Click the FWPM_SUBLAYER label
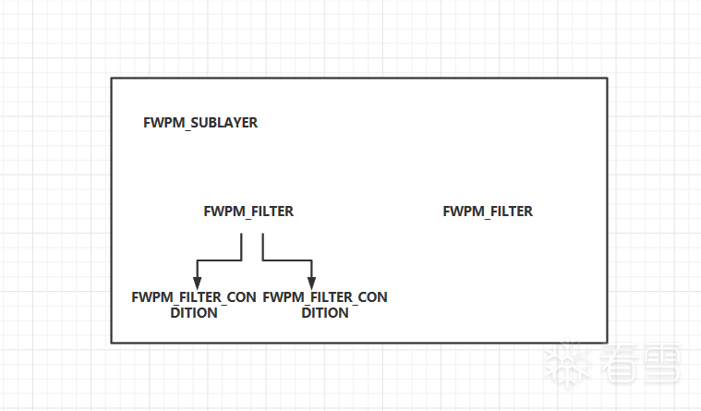tap(200, 123)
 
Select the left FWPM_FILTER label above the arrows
tap(248, 212)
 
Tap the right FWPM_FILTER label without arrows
tap(488, 212)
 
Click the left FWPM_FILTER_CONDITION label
tap(194, 305)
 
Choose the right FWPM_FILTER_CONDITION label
tap(325, 305)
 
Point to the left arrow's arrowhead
tap(196, 282)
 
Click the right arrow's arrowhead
tap(312, 282)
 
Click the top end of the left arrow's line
tap(242, 234)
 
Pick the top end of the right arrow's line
tap(263, 234)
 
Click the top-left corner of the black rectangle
tap(112, 79)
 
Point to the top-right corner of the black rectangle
tap(607, 79)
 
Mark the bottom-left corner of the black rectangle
tap(112, 343)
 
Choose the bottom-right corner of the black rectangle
tap(607, 343)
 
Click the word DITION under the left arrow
tap(194, 313)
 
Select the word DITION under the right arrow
tap(325, 313)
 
